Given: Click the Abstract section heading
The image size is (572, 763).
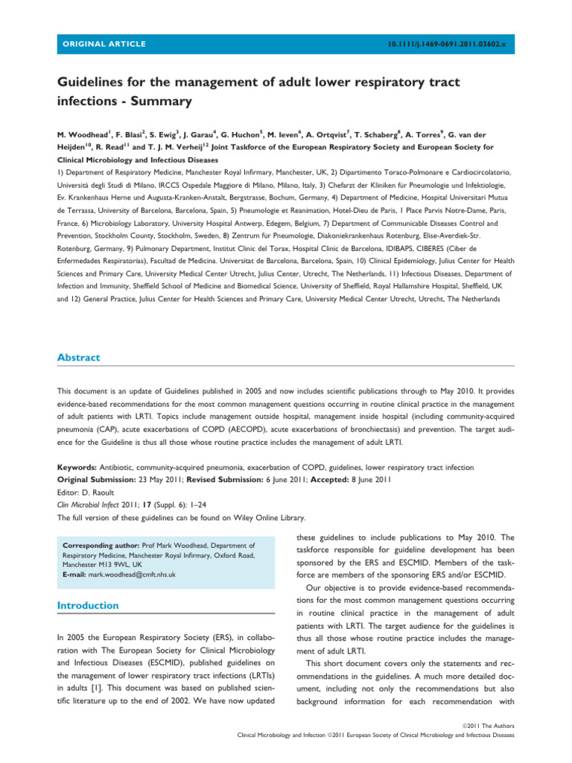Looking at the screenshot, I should [x=78, y=358].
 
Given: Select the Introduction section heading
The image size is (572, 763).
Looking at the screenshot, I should [x=88, y=606].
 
